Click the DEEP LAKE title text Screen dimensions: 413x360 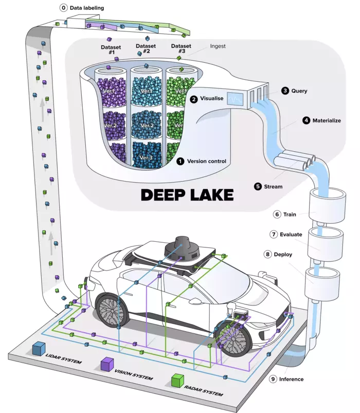(187, 195)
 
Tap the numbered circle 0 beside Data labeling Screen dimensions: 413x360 (63, 8)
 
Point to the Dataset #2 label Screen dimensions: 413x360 (146, 49)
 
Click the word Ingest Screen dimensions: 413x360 (218, 46)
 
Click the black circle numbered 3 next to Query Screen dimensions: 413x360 (285, 91)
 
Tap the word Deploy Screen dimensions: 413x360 (286, 254)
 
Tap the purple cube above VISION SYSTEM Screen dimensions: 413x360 (107, 364)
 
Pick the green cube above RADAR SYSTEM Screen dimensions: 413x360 (177, 381)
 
